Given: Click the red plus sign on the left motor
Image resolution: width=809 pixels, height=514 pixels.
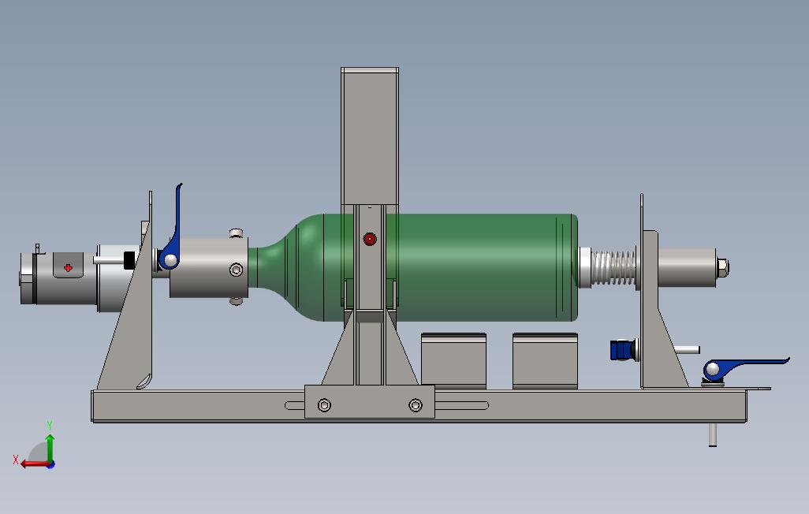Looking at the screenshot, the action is point(68,267).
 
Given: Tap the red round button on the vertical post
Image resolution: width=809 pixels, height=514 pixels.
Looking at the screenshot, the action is point(370,239).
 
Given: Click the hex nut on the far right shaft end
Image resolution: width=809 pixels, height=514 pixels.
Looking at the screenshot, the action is point(723,267).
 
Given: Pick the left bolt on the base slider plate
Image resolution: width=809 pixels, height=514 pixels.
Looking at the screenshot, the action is point(324,405).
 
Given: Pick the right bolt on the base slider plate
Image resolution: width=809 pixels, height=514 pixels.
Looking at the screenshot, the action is point(416,405).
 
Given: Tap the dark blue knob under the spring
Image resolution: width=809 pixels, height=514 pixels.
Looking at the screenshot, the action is point(623,350).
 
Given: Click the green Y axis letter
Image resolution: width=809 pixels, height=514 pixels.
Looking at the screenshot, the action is point(50,425).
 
